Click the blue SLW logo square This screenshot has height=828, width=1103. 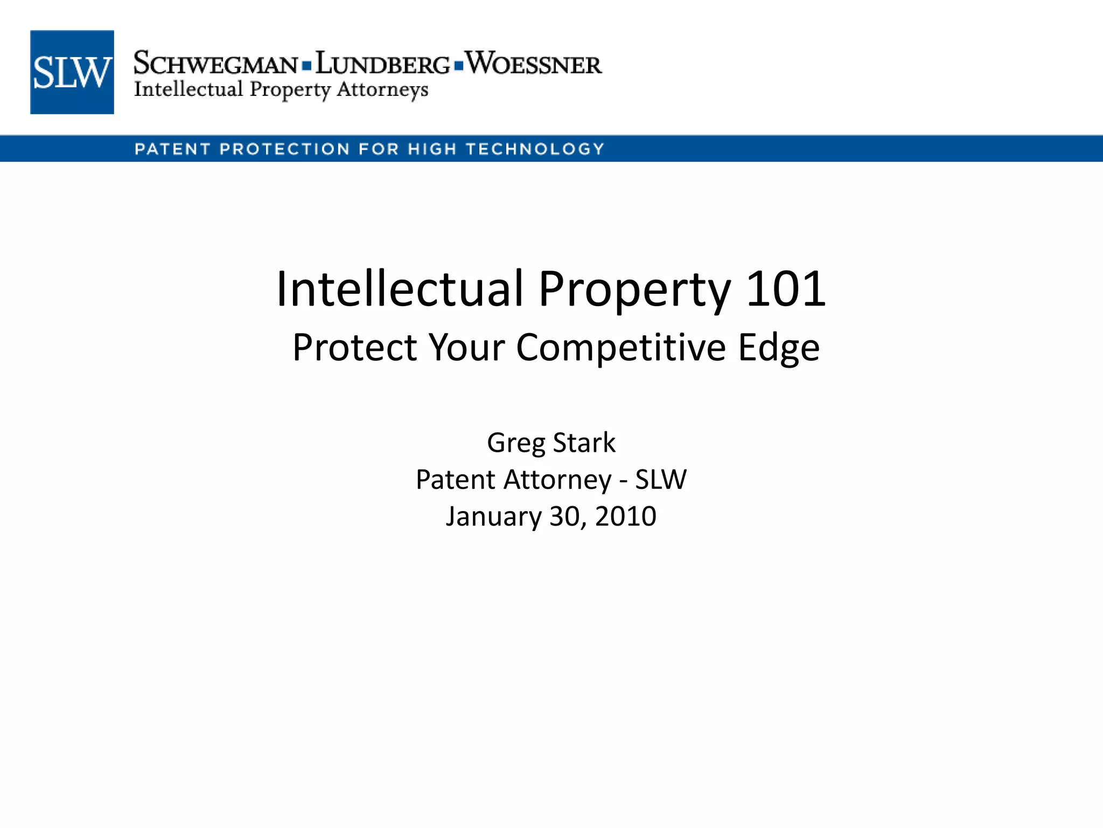coord(72,72)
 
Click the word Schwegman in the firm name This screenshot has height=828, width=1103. coord(215,64)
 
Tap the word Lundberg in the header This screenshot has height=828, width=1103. coord(382,64)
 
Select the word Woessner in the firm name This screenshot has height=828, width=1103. coord(533,64)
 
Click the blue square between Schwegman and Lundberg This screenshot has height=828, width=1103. coord(306,66)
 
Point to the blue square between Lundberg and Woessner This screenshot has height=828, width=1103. coord(458,66)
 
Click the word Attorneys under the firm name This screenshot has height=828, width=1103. coord(382,89)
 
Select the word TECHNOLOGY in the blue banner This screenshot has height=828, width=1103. coord(535,149)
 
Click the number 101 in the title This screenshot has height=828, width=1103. coord(786,289)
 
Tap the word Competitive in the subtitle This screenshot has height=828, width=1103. coord(620,348)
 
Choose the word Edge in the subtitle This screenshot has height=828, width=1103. coord(779,348)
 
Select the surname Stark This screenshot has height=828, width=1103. coord(584,443)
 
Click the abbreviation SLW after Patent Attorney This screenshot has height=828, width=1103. coord(661,479)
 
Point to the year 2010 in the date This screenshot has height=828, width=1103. coord(626,516)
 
